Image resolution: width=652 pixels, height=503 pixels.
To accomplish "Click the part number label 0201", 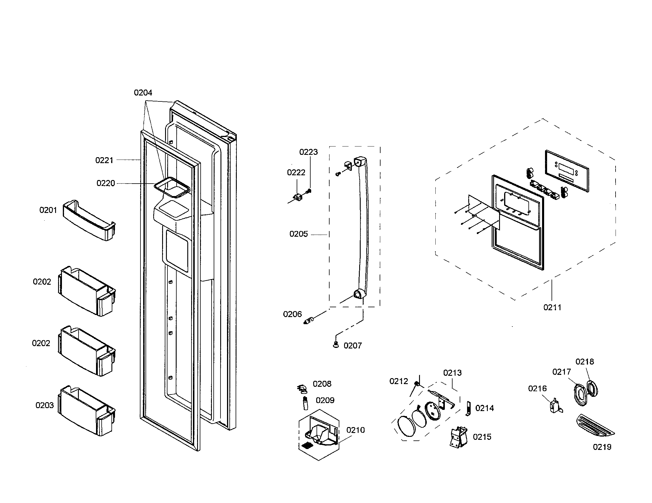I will [48, 210].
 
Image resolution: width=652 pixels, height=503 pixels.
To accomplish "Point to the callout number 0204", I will [143, 93].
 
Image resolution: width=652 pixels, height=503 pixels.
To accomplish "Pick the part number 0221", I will [104, 160].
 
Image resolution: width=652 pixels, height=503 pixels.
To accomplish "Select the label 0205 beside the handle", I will [298, 234].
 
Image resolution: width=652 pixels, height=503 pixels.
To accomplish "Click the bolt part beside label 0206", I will [308, 321].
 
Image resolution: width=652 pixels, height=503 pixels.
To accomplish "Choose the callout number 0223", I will [309, 152].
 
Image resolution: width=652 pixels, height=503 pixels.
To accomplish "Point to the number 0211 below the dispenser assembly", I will [552, 307].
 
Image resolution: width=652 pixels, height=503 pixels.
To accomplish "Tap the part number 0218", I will [584, 362].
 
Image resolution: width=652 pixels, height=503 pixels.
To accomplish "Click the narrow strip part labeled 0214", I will [468, 408].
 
